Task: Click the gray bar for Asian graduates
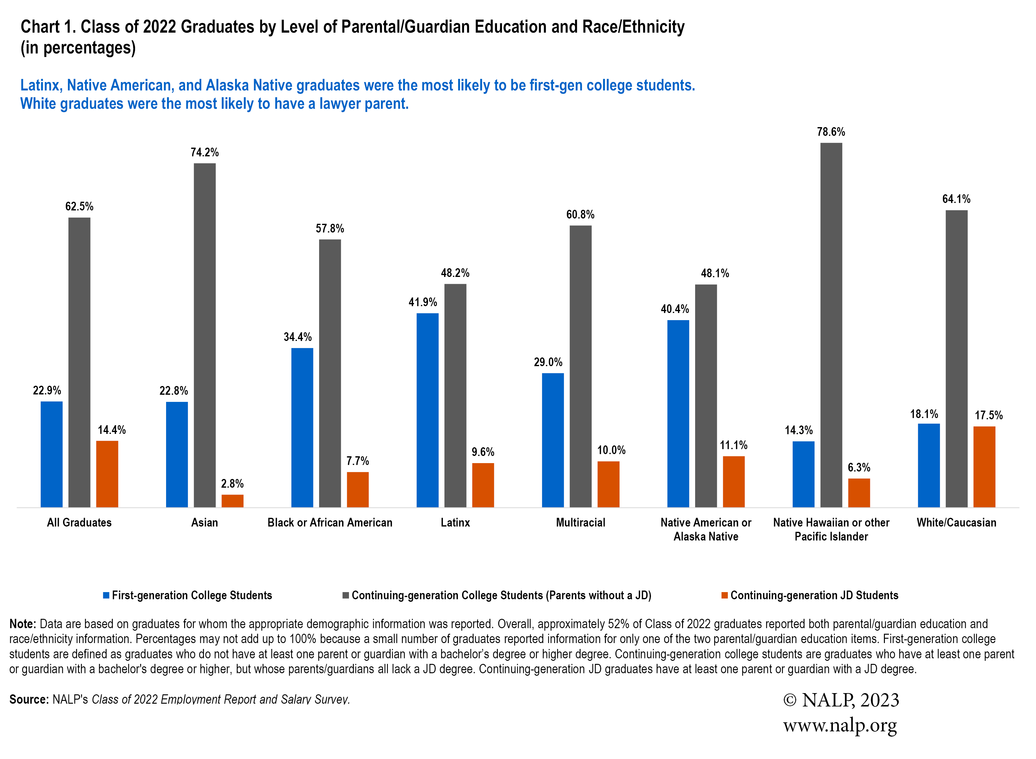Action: [x=205, y=335]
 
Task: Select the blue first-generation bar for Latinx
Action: [x=427, y=410]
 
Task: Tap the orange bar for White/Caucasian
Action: [x=984, y=467]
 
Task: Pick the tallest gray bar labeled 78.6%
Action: [x=831, y=325]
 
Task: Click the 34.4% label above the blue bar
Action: [x=297, y=337]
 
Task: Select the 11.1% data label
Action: [x=734, y=445]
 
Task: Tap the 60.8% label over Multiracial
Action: [x=580, y=214]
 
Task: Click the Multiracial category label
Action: [x=580, y=522]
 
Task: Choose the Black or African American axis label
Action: [x=330, y=522]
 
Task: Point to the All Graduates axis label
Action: [x=79, y=522]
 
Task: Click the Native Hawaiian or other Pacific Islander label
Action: [x=831, y=529]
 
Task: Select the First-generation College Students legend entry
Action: [x=192, y=596]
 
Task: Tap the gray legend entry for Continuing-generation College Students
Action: [x=501, y=596]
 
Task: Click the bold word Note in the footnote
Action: [x=22, y=624]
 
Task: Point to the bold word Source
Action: [x=29, y=699]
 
